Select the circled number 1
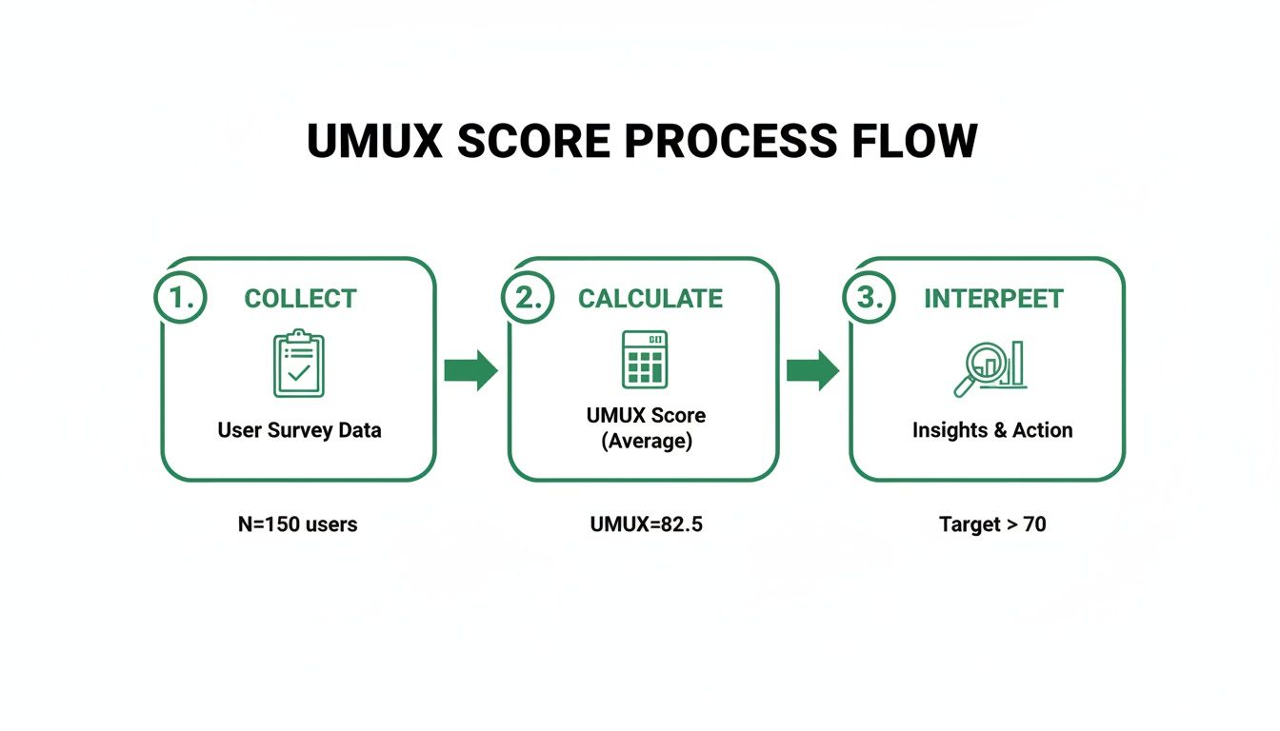(x=179, y=297)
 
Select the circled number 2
(x=527, y=297)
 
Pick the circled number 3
(x=870, y=297)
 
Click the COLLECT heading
(x=300, y=299)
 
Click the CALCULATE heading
(x=650, y=299)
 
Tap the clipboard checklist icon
(x=298, y=364)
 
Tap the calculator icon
(x=645, y=360)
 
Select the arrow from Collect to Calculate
(x=471, y=370)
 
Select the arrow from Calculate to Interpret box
(x=812, y=370)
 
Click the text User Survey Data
(x=299, y=430)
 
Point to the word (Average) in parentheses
(x=647, y=443)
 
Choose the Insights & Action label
(x=991, y=430)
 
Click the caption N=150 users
(x=297, y=524)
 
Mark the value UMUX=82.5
(x=646, y=524)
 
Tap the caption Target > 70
(x=991, y=524)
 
